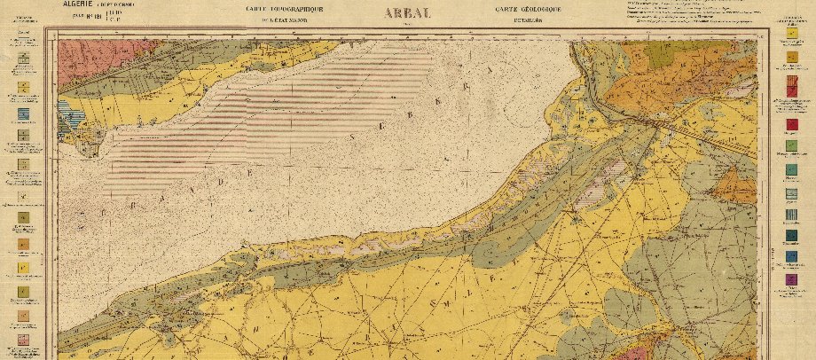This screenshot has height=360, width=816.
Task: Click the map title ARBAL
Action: [408, 12]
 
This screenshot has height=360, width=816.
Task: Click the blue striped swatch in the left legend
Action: [22, 115]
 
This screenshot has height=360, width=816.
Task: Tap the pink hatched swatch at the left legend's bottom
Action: [22, 341]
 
